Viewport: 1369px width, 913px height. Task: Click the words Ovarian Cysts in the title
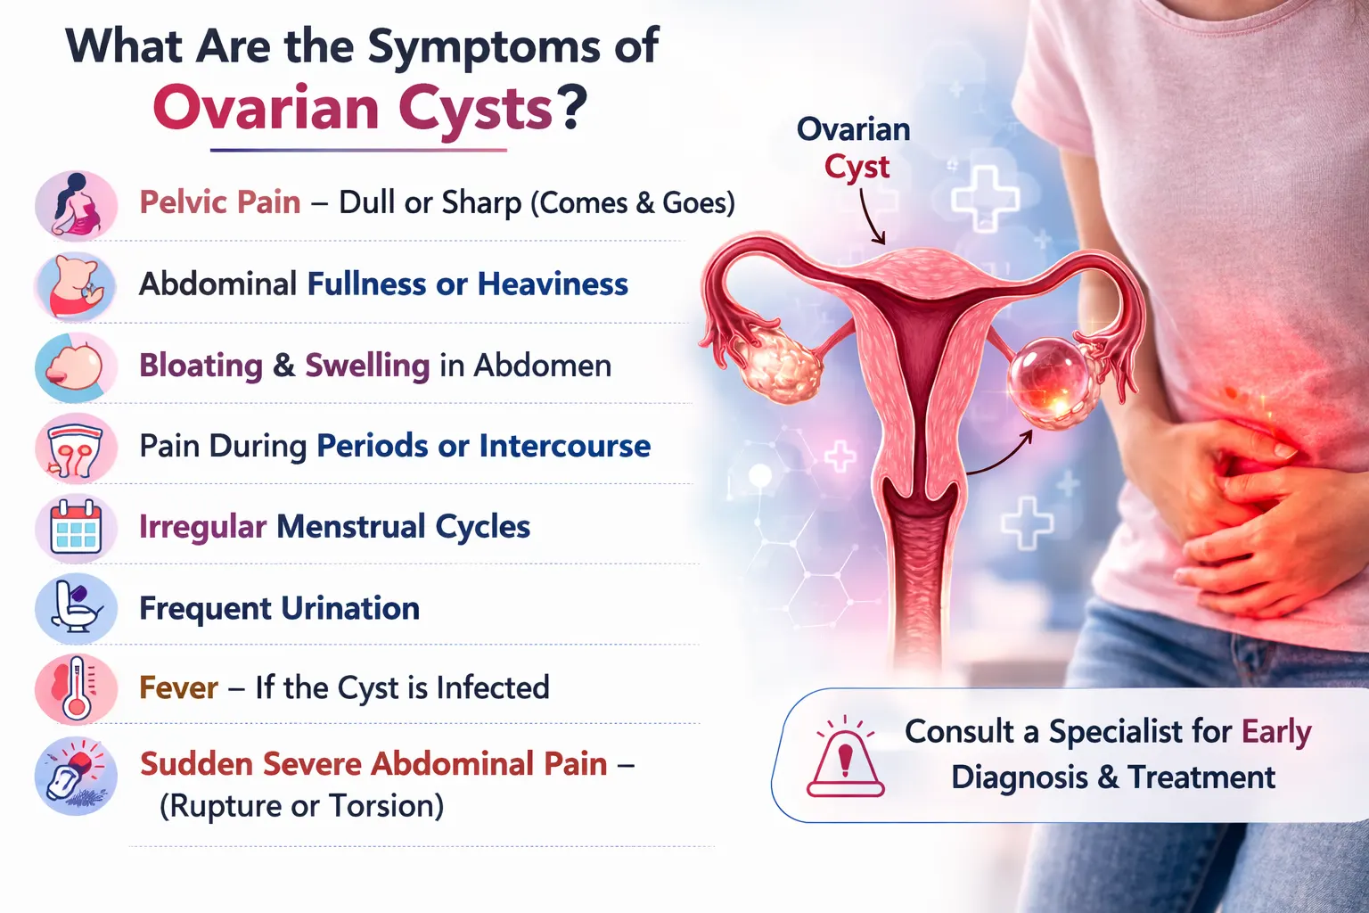353,109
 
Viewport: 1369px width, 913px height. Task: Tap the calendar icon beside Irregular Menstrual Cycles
76,528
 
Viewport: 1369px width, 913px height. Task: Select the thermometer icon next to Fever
76,688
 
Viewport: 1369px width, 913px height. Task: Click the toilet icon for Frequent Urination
76,608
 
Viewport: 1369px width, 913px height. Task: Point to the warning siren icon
845,759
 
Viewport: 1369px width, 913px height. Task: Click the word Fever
178,688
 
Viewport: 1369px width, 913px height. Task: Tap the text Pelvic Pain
220,202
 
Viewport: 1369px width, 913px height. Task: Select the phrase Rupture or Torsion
301,806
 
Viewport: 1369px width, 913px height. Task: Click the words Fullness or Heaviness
467,284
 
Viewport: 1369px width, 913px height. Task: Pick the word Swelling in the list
367,366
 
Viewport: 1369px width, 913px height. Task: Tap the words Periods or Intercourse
483,446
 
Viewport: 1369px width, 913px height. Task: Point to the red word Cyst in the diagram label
857,168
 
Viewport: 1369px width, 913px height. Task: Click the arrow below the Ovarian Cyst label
871,218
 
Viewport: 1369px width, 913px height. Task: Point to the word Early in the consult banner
1276,732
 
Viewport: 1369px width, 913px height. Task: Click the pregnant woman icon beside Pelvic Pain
76,205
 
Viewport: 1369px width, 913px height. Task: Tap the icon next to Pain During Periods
76,448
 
